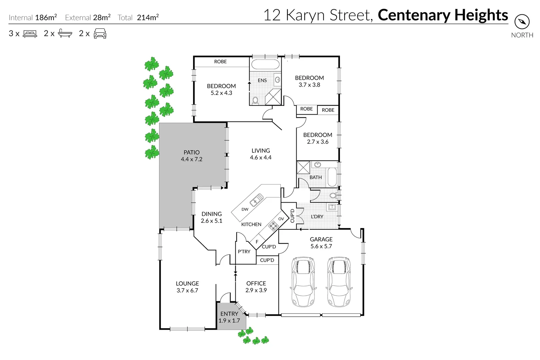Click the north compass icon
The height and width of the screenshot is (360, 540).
(x=522, y=22)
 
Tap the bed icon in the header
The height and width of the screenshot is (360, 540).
(x=30, y=34)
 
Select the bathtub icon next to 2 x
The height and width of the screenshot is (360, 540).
(x=65, y=33)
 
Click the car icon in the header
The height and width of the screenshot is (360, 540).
(x=100, y=34)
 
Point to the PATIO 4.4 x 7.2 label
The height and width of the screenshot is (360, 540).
(x=192, y=156)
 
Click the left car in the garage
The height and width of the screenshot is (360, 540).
(x=303, y=282)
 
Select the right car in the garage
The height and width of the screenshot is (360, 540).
(x=339, y=282)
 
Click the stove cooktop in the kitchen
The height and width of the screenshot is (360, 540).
(x=273, y=226)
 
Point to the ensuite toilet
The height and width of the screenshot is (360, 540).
(x=256, y=100)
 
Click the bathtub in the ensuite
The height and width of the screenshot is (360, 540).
(x=265, y=64)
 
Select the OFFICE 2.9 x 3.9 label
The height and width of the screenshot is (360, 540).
(x=256, y=287)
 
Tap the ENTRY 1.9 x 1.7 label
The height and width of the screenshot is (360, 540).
(x=229, y=317)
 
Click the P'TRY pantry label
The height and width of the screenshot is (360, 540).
(x=244, y=252)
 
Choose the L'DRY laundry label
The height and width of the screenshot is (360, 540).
(x=317, y=217)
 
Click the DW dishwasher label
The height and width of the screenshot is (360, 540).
(x=245, y=209)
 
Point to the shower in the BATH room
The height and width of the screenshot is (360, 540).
(x=303, y=167)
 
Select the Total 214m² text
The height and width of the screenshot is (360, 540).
(x=138, y=18)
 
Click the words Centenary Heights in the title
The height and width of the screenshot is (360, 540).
(x=443, y=15)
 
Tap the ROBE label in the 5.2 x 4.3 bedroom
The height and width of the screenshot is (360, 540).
(x=220, y=62)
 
